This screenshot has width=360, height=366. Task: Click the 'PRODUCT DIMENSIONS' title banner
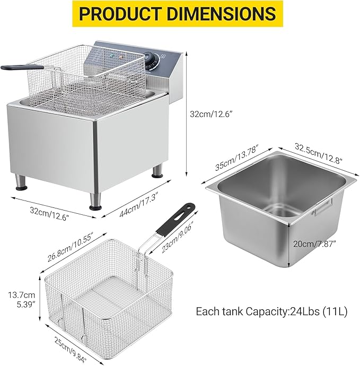180,14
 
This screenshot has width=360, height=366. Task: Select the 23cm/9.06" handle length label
177,232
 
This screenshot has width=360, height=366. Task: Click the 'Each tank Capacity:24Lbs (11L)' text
271,311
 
